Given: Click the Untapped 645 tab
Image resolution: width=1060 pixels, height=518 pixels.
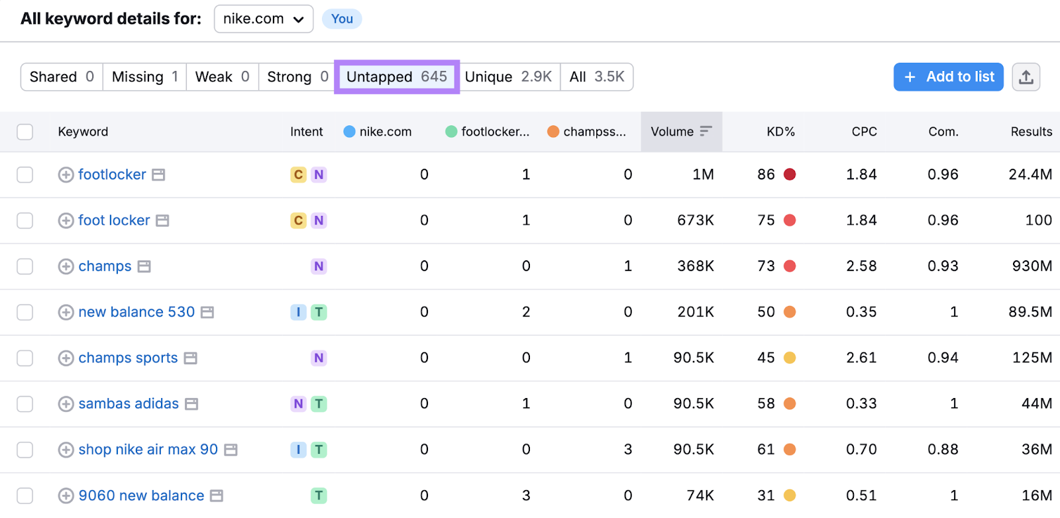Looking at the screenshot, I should click(396, 77).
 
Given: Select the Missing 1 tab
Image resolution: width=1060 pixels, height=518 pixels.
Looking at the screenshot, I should click(144, 77).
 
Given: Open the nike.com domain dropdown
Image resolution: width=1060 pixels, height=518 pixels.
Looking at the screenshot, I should click(263, 19).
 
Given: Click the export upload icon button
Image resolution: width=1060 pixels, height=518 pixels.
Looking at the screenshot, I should click(1026, 77).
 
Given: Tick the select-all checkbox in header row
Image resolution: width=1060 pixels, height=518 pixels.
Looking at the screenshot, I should click(25, 132).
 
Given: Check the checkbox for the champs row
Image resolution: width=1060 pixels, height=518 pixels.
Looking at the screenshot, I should click(25, 266).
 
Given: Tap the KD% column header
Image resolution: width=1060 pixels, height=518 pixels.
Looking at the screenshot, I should click(780, 132).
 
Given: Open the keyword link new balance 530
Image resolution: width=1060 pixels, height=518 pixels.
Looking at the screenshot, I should click(136, 312).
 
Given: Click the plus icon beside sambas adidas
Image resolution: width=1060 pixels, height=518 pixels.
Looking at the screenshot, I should click(66, 404).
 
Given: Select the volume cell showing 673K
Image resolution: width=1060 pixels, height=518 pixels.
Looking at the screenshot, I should click(695, 221).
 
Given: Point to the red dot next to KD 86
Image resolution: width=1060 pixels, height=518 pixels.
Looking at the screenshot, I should click(790, 175).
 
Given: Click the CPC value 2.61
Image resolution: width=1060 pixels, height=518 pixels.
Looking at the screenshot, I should click(861, 358).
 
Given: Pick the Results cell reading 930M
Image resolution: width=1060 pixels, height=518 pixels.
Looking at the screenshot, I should click(1032, 266).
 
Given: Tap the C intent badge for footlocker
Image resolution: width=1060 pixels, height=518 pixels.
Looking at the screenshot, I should click(298, 175).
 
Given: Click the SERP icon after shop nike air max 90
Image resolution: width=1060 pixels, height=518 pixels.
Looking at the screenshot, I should click(231, 450).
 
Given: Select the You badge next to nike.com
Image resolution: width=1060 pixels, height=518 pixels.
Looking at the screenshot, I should click(342, 19).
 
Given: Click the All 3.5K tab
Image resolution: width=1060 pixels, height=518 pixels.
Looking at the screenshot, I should click(596, 77).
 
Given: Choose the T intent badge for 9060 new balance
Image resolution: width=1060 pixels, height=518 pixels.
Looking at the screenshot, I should click(319, 495).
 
